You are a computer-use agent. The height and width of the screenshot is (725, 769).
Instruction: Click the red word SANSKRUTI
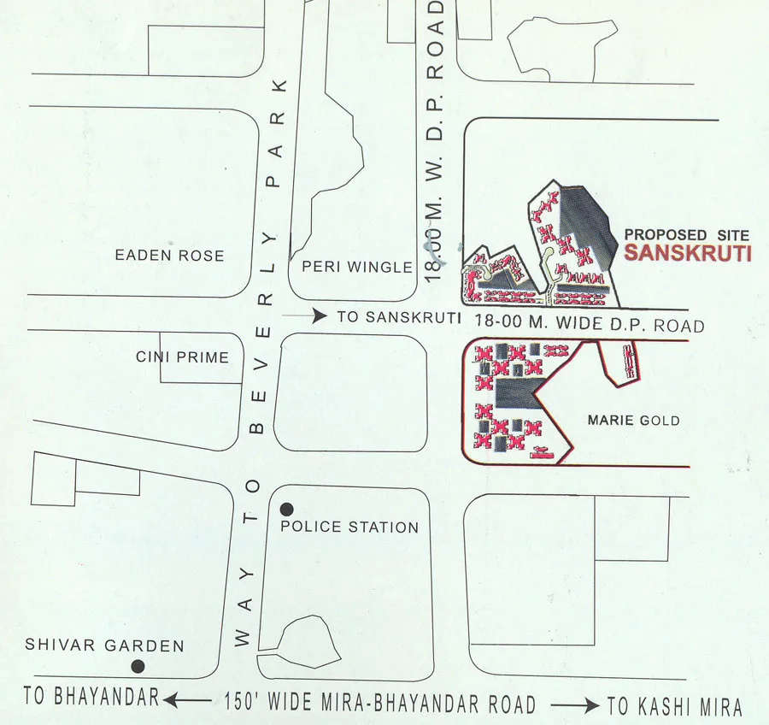[687, 253]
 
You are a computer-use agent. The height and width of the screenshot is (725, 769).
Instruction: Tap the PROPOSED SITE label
[686, 234]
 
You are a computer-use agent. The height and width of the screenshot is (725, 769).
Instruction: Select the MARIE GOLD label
[634, 420]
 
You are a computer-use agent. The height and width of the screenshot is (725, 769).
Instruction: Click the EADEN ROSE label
[169, 255]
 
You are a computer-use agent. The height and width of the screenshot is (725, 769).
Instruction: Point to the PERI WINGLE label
[357, 267]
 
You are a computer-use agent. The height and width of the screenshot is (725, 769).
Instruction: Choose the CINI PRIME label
[182, 357]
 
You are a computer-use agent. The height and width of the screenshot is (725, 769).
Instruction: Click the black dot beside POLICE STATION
[287, 509]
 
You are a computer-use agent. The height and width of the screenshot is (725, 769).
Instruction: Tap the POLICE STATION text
[349, 528]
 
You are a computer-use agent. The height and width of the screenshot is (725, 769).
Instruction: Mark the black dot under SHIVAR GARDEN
[137, 666]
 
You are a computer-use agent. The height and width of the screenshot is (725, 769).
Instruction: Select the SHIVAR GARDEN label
[104, 645]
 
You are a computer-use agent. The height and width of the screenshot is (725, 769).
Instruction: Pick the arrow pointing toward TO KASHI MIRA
[574, 705]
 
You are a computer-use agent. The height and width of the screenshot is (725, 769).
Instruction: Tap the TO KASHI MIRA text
[674, 707]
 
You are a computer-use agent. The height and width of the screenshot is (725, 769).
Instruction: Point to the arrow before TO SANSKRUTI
[306, 316]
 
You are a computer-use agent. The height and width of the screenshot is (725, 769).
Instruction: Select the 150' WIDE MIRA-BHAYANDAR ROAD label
[380, 704]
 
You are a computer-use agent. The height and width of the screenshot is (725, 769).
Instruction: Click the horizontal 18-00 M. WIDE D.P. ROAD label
[590, 325]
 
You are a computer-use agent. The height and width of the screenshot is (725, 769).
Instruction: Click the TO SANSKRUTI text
[399, 317]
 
